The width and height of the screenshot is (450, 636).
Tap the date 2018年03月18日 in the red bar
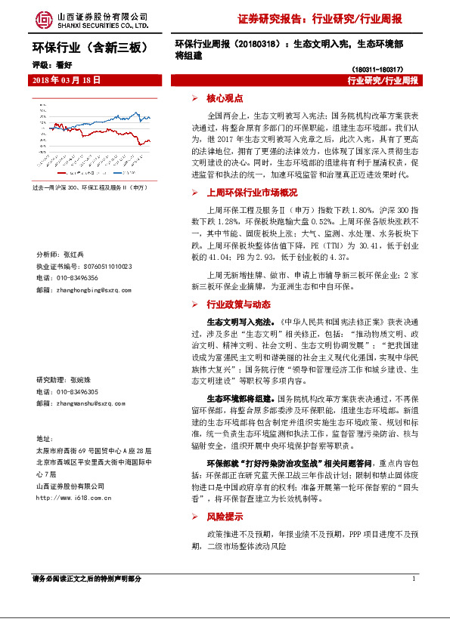[x=67, y=79]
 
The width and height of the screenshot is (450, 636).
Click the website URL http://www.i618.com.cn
[x=77, y=498]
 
